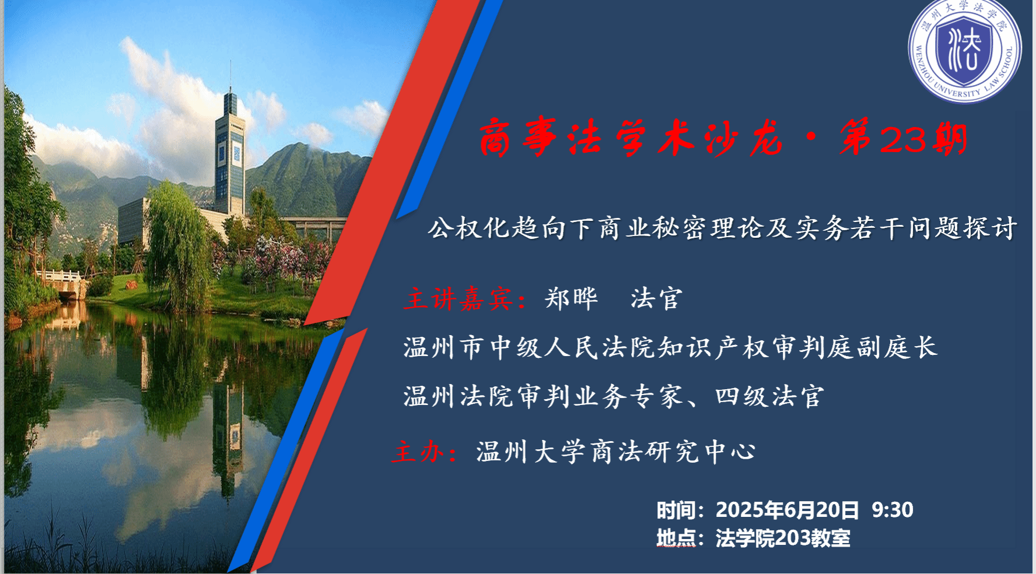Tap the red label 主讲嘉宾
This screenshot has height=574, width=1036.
coord(458,299)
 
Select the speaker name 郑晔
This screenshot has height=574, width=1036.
coord(571,299)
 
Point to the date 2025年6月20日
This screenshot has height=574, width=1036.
coord(787,510)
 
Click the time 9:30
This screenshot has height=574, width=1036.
coord(892,510)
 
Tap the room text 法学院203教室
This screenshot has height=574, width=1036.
coord(783,538)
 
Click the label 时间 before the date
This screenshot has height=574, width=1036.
coord(676,510)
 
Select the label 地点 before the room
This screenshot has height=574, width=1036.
coord(676,538)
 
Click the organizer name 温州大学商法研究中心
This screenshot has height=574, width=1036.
coord(616,452)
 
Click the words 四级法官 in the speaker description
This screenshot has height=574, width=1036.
coord(770,397)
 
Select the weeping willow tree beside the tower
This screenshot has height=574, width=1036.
coord(176,245)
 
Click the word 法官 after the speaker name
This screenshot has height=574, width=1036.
coord(656,299)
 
